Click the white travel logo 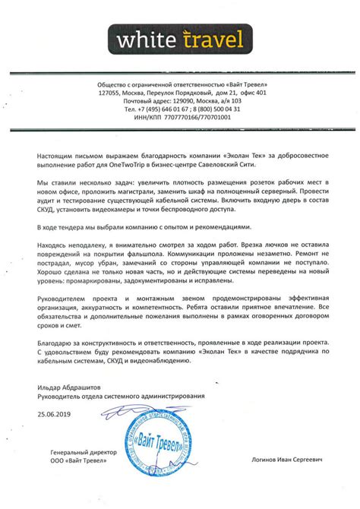pyautogui.click(x=179, y=37)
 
